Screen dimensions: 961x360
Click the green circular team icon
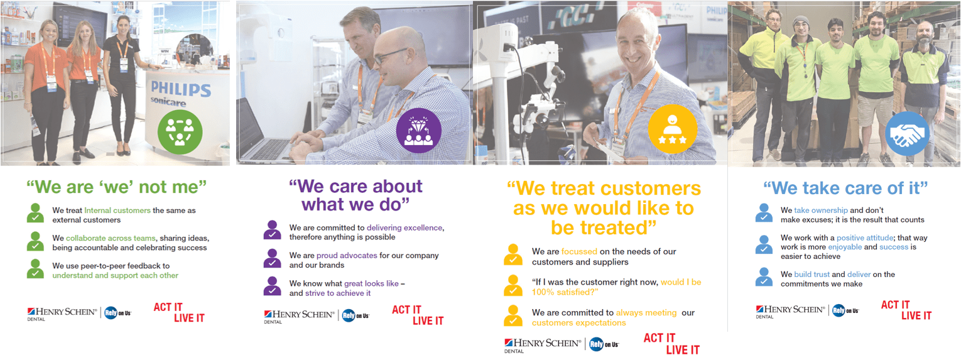click(x=180, y=132)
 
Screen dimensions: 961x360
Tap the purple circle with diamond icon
click(x=419, y=131)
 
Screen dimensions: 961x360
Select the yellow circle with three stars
click(x=672, y=129)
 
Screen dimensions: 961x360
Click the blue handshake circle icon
click(x=908, y=133)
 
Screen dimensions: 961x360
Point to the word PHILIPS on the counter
click(x=181, y=89)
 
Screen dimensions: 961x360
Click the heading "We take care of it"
click(x=845, y=188)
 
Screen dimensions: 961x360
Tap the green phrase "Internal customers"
click(x=117, y=210)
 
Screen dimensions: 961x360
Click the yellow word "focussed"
click(x=579, y=251)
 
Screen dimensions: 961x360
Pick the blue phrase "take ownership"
click(x=821, y=210)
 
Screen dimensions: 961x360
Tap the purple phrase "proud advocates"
click(x=347, y=255)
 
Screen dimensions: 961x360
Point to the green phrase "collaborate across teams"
click(x=111, y=238)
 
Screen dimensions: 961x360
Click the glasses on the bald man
click(x=389, y=55)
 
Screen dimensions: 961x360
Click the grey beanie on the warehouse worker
click(x=801, y=21)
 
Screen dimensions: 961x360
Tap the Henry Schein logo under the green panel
click(x=62, y=314)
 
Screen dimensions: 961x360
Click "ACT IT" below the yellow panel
click(x=660, y=338)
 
